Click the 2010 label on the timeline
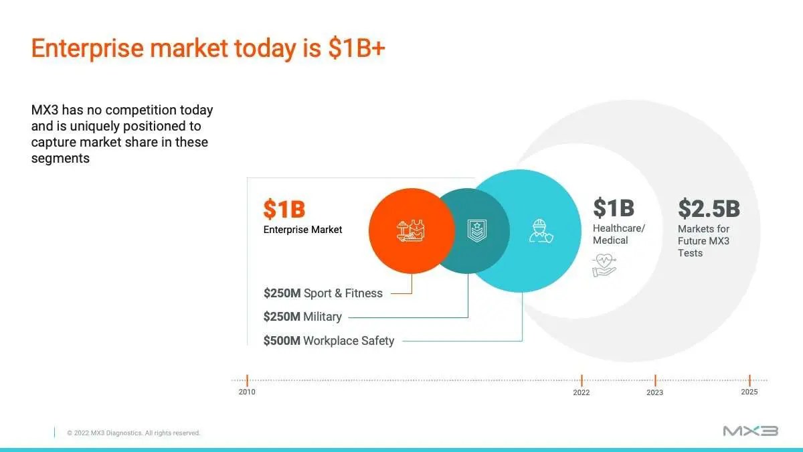click(x=247, y=392)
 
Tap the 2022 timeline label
click(x=581, y=392)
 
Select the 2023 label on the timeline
click(x=654, y=392)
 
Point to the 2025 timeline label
click(x=749, y=392)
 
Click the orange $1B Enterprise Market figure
click(x=284, y=209)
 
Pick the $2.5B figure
click(x=709, y=208)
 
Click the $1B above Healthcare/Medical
click(x=614, y=208)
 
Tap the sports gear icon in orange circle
click(x=411, y=230)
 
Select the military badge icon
click(x=476, y=230)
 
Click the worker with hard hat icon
click(x=541, y=231)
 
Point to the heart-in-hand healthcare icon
click(x=604, y=265)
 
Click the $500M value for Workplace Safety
click(x=282, y=340)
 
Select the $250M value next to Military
click(x=282, y=316)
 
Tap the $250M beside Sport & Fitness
click(x=282, y=293)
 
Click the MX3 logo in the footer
click(x=751, y=431)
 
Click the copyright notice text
click(x=133, y=433)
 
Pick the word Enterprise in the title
click(x=88, y=48)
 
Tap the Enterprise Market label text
click(x=302, y=230)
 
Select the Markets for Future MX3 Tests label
click(x=703, y=240)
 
